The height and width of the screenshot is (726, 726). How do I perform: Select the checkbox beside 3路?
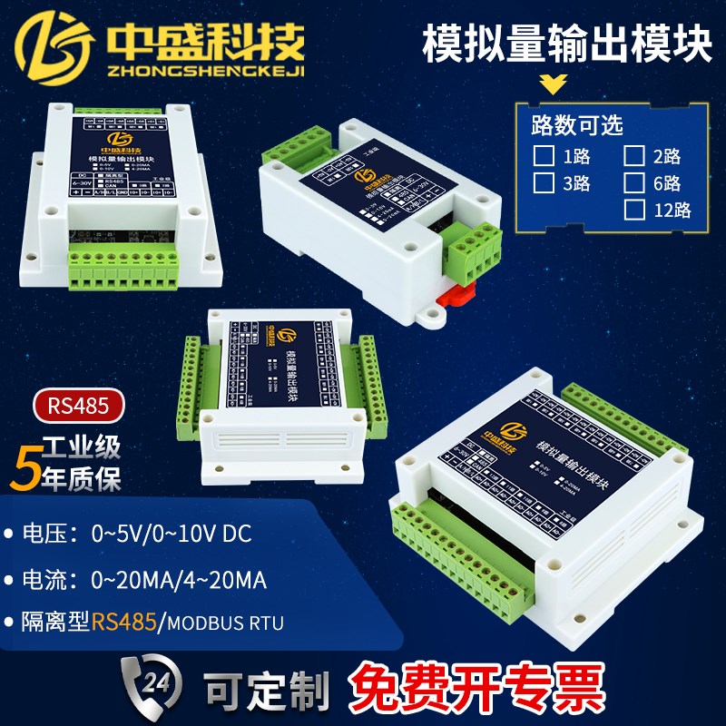543,181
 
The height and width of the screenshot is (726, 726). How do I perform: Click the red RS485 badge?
78,406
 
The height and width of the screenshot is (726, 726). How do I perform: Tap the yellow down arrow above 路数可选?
552,87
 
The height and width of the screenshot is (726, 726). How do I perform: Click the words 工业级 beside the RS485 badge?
83,448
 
